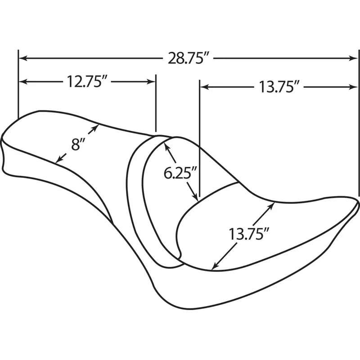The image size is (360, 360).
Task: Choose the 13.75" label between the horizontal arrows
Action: (x=279, y=86)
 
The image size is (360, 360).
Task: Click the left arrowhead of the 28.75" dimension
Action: (x=22, y=58)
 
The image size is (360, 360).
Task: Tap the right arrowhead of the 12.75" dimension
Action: (x=153, y=82)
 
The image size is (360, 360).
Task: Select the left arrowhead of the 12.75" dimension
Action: (x=22, y=82)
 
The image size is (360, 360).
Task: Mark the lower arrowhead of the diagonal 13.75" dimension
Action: (x=215, y=266)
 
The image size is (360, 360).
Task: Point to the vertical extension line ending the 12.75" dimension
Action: (x=156, y=103)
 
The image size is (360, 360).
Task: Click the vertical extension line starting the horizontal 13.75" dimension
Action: (x=198, y=135)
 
